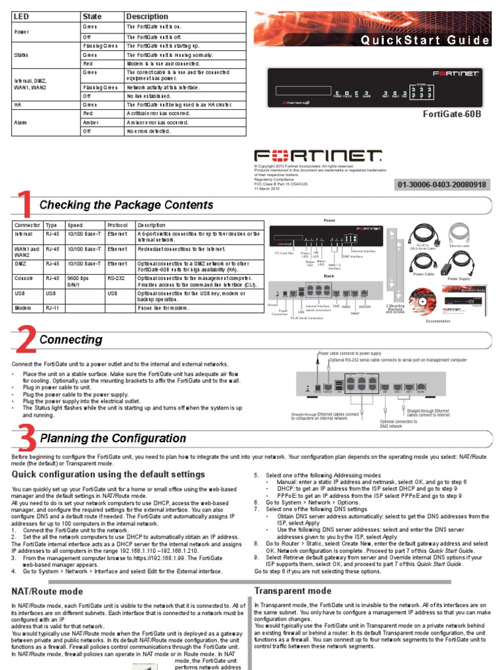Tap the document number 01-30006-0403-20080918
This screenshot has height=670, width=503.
click(441, 185)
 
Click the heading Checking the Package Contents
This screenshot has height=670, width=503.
click(126, 205)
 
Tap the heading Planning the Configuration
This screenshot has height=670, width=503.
click(113, 438)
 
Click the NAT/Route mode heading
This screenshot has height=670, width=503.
click(45, 591)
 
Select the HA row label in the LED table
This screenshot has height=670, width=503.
click(18, 104)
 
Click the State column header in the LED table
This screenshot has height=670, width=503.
click(92, 16)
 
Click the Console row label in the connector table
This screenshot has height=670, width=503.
click(24, 277)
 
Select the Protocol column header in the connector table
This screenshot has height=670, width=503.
click(118, 224)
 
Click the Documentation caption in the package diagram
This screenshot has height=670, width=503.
click(456, 321)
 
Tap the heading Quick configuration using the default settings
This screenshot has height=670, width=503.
click(108, 474)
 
